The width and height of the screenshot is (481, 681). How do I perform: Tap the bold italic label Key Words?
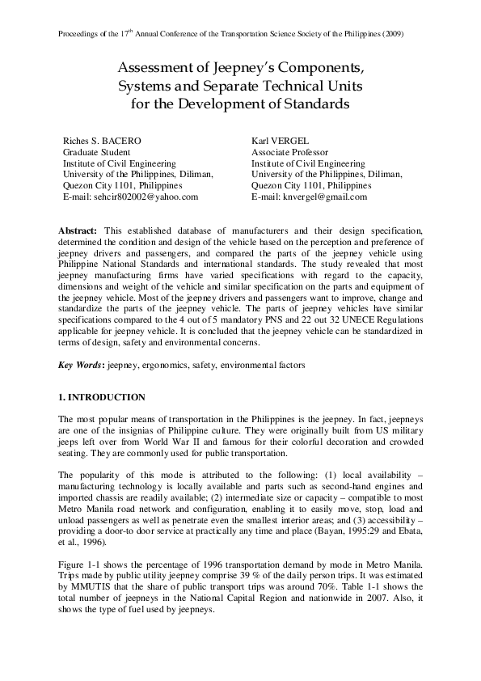tap(79, 366)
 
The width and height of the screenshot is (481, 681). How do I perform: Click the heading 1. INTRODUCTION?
tap(102, 397)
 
